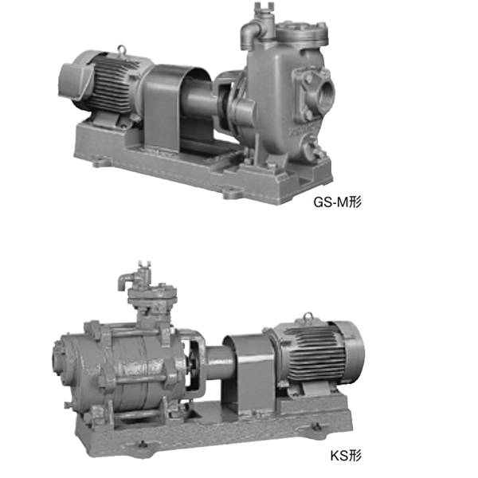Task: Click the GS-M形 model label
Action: [x=338, y=202]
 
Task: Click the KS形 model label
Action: [x=346, y=456]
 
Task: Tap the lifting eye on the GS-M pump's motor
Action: [x=122, y=49]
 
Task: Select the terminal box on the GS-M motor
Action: [x=76, y=80]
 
